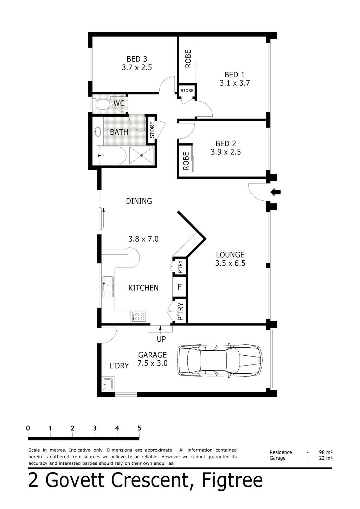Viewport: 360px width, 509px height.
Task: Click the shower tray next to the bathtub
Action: pyautogui.click(x=141, y=155)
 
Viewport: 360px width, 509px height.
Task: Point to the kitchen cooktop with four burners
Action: pyautogui.click(x=140, y=316)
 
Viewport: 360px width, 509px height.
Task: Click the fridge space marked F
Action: pyautogui.click(x=179, y=288)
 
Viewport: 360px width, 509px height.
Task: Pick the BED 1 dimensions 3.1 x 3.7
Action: pyautogui.click(x=234, y=83)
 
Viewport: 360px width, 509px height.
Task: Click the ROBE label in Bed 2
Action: pyautogui.click(x=186, y=161)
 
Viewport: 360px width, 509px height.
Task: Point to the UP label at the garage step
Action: pyautogui.click(x=161, y=339)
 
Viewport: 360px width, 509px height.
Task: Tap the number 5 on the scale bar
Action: pyautogui.click(x=139, y=428)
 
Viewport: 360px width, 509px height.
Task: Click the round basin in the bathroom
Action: pyautogui.click(x=97, y=132)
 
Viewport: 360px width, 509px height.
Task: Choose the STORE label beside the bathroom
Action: pyautogui.click(x=152, y=130)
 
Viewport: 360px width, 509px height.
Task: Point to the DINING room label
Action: pyautogui.click(x=139, y=201)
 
